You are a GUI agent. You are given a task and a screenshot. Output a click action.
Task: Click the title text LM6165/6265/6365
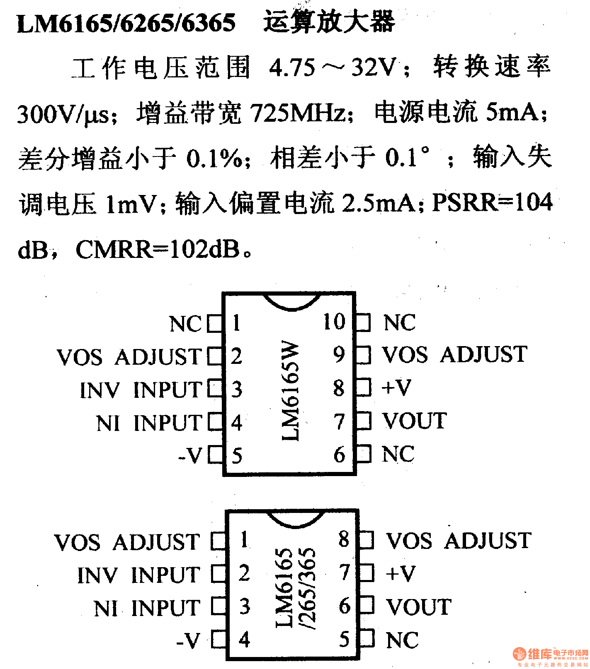[126, 22]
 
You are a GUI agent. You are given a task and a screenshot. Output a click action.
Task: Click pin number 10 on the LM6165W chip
[334, 322]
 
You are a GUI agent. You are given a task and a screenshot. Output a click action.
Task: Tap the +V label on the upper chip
[396, 388]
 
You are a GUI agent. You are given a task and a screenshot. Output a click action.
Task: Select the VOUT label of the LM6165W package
[414, 421]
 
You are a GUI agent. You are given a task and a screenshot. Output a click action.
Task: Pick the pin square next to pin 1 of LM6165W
[214, 323]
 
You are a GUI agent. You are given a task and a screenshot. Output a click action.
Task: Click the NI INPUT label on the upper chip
[149, 423]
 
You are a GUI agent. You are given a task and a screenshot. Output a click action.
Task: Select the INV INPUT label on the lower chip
[139, 575]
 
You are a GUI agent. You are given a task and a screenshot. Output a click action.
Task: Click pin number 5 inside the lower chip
[345, 640]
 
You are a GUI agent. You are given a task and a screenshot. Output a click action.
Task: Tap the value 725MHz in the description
[298, 113]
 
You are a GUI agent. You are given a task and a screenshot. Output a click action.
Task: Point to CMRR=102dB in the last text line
[158, 250]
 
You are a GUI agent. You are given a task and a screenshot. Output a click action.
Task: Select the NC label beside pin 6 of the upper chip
[398, 454]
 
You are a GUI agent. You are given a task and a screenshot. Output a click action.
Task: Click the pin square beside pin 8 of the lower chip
[366, 540]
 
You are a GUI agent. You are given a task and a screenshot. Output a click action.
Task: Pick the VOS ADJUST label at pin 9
[454, 355]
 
